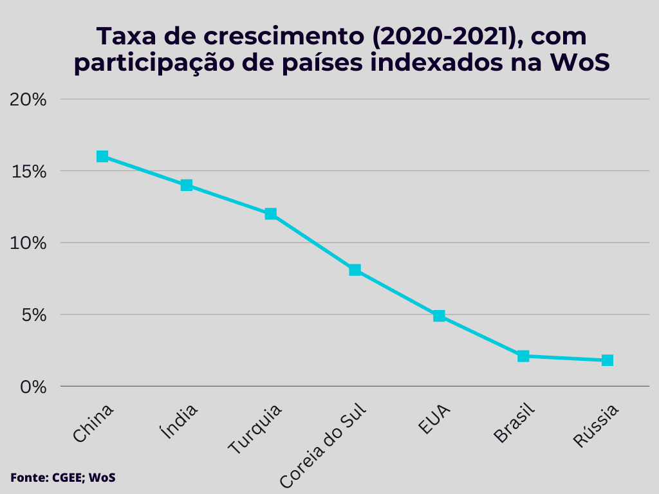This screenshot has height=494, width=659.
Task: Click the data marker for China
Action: pyautogui.click(x=102, y=156)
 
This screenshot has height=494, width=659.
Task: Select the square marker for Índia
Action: pyautogui.click(x=187, y=185)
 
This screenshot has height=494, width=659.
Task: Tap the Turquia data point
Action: pyautogui.click(x=271, y=214)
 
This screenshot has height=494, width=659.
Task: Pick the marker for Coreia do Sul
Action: pyautogui.click(x=355, y=270)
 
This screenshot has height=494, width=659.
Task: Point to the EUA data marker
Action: pyautogui.click(x=439, y=316)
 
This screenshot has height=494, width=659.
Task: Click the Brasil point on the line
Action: pyautogui.click(x=523, y=356)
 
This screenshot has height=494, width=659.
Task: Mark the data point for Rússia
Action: pyautogui.click(x=608, y=360)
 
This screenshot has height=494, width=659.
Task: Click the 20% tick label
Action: pyautogui.click(x=28, y=100)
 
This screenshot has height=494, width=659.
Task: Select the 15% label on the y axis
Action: pyautogui.click(x=29, y=172)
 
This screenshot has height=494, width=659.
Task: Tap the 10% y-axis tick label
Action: pyautogui.click(x=29, y=243)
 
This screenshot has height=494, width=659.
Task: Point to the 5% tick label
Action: pyautogui.click(x=33, y=315)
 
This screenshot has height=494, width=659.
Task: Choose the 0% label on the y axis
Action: pyautogui.click(x=33, y=387)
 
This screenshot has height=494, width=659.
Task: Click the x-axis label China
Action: pyautogui.click(x=93, y=423)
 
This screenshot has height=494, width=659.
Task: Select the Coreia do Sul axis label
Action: pyautogui.click(x=323, y=445)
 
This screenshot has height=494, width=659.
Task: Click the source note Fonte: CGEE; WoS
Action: pyautogui.click(x=62, y=477)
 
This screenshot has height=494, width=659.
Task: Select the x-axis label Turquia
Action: pyautogui.click(x=255, y=429)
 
